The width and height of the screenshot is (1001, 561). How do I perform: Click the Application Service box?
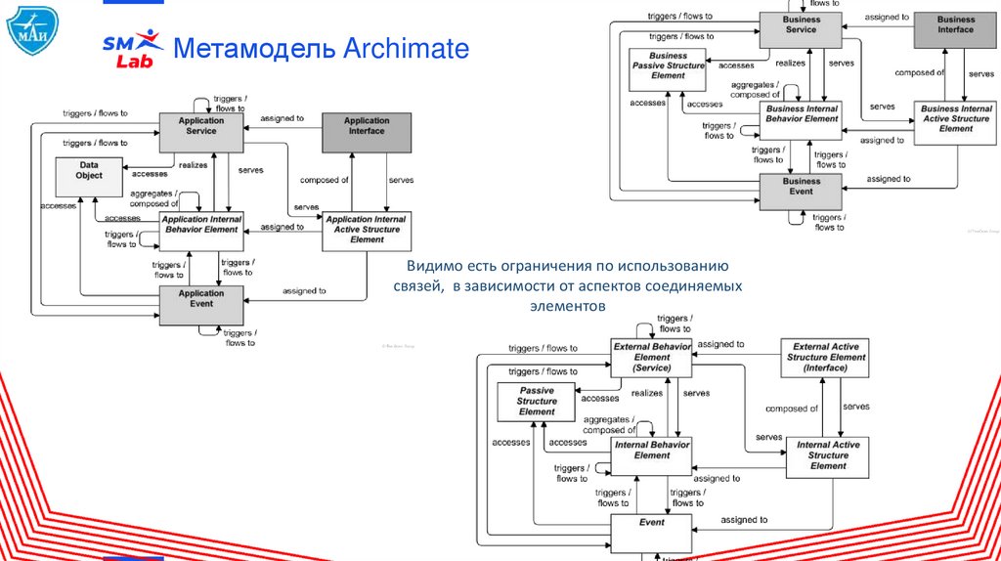[x=201, y=132]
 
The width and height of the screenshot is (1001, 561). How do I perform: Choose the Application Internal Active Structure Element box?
[x=367, y=231]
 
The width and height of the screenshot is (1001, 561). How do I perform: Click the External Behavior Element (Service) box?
[x=651, y=358]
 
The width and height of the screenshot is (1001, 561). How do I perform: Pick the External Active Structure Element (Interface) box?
[x=825, y=358]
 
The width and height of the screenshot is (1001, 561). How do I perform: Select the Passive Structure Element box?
[x=537, y=401]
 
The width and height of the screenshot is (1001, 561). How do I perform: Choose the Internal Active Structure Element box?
[x=827, y=455]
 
